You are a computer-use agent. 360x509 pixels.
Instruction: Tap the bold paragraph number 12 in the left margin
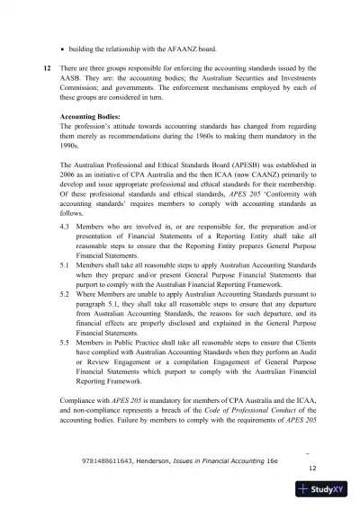pos(46,68)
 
